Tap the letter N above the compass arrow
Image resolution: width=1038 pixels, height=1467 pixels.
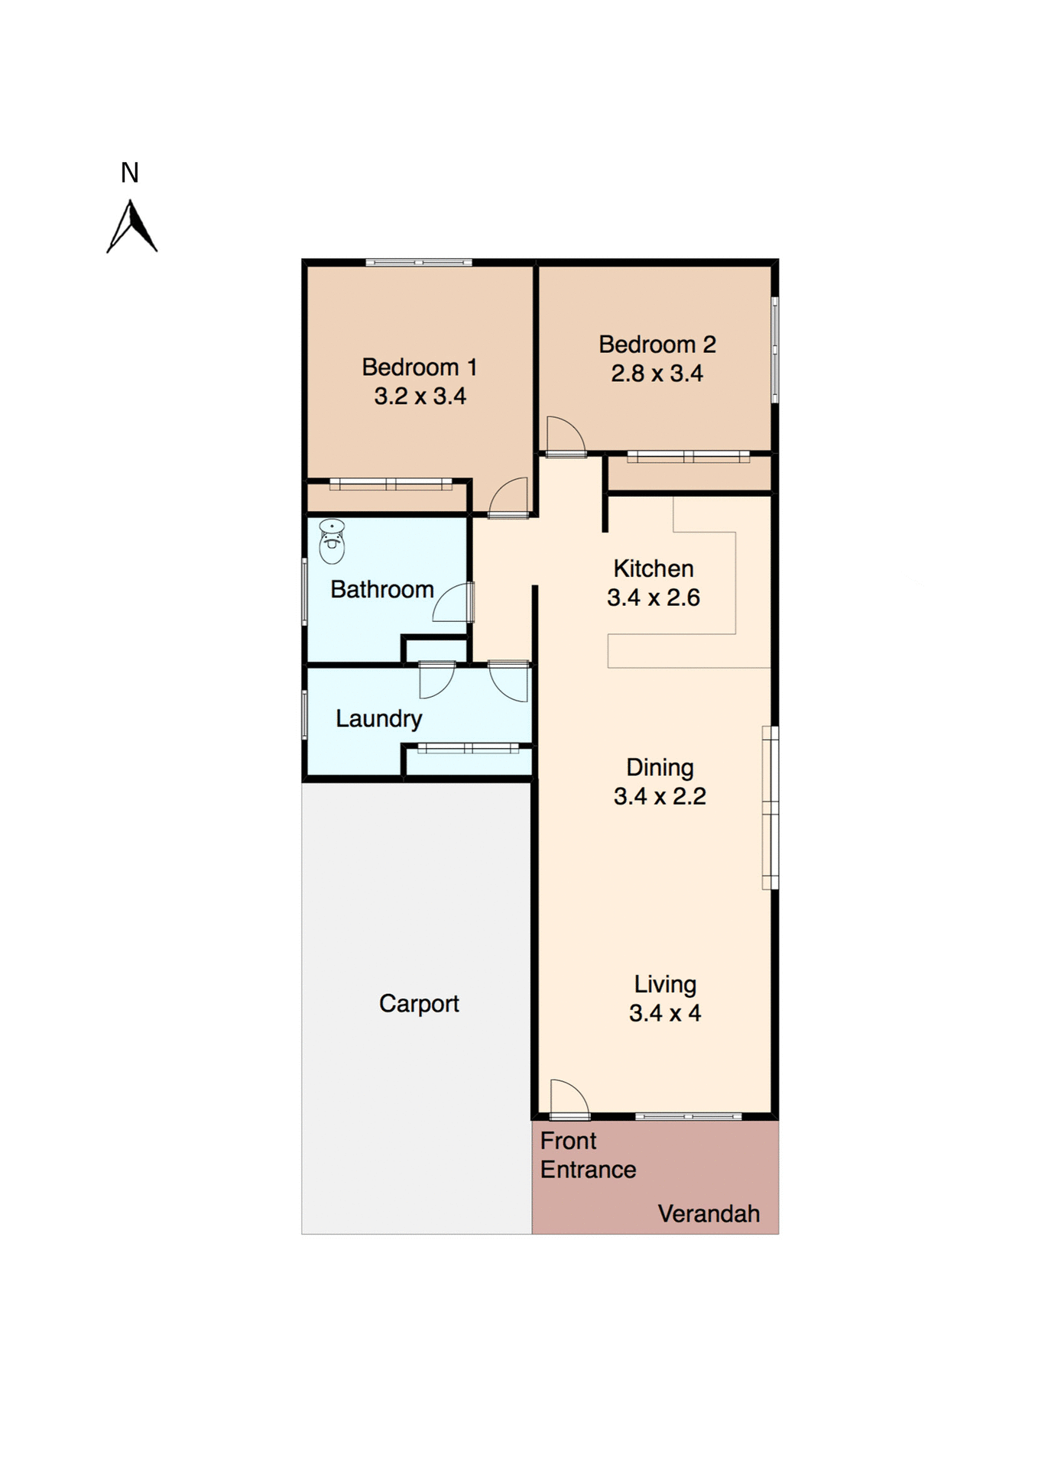tap(130, 173)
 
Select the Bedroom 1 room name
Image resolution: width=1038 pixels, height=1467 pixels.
tap(419, 368)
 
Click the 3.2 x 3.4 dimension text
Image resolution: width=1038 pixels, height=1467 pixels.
tap(420, 397)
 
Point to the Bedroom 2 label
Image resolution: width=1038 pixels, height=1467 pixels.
tap(657, 345)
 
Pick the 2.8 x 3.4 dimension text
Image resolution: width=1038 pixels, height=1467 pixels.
tap(657, 374)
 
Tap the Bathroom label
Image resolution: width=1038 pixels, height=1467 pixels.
tap(381, 590)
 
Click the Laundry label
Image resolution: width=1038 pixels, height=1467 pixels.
tap(378, 719)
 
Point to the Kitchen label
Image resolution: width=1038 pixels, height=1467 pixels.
tap(653, 568)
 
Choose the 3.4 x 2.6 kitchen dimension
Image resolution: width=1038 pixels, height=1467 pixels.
tap(653, 597)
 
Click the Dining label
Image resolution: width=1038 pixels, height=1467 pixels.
tap(660, 768)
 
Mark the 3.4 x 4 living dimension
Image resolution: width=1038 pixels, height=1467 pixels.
tap(664, 1014)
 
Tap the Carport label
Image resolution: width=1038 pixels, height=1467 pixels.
tap(419, 1004)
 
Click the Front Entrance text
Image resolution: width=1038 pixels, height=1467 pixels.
tap(587, 1155)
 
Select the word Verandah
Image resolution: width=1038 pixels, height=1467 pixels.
tap(708, 1214)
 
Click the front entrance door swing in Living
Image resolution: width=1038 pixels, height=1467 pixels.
tap(568, 1098)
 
